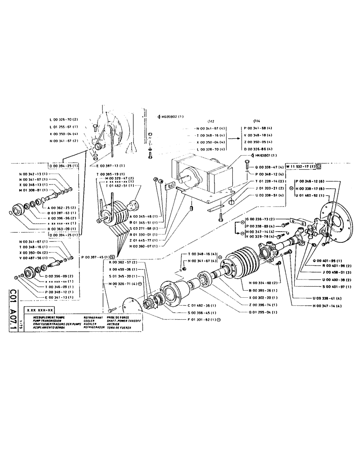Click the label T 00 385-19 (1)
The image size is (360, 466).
click(x=110, y=174)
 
